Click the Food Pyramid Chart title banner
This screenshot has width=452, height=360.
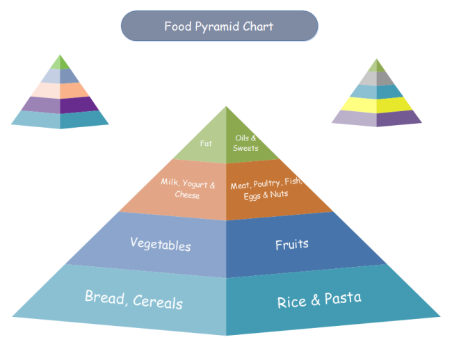point(219,26)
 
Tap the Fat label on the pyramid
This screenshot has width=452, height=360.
point(206,144)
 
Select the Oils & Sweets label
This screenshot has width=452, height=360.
point(245,143)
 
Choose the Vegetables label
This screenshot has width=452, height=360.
point(160,244)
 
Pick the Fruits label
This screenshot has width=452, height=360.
point(291,245)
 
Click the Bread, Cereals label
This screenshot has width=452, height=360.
point(134,300)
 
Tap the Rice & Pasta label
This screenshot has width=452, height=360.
point(319,300)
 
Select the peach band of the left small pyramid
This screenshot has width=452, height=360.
point(60,90)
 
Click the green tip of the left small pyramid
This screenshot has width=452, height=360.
point(61,63)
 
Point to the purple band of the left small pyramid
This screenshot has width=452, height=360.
point(60,104)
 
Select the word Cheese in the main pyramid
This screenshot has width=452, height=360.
point(187,195)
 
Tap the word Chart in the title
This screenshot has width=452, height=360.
point(257,26)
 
